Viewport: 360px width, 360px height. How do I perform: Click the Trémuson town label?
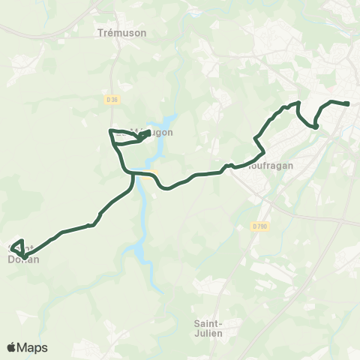point(121,33)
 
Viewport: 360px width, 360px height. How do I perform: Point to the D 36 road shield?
point(113,98)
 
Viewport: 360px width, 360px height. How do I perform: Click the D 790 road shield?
point(260,226)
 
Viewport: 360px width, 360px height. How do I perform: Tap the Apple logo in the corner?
point(12,347)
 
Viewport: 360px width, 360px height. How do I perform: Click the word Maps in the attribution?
point(33,347)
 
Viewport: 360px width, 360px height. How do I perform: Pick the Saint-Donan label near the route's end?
point(22,255)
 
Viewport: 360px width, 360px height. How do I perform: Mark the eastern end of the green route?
point(348,103)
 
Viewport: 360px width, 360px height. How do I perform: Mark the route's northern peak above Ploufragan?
point(298,102)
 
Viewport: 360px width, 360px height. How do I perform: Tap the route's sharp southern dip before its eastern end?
point(316,127)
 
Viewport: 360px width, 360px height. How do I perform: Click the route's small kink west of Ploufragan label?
point(230,164)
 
